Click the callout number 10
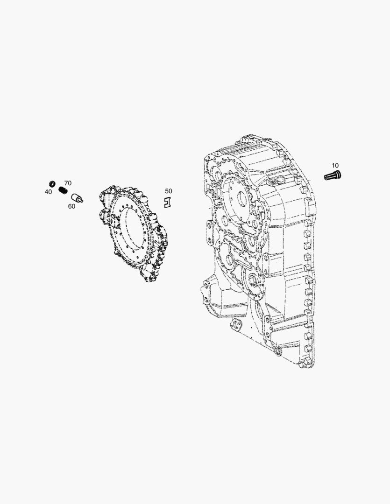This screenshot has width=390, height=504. pyautogui.click(x=335, y=166)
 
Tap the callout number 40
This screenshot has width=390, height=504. pyautogui.click(x=48, y=192)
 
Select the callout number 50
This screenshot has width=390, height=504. pyautogui.click(x=168, y=191)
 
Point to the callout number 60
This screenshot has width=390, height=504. pyautogui.click(x=71, y=206)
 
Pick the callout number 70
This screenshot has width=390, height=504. pyautogui.click(x=68, y=183)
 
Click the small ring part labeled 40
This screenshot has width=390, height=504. pyautogui.click(x=52, y=183)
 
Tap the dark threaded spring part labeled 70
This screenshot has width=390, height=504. pyautogui.click(x=63, y=190)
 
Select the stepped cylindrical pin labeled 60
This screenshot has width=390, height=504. pyautogui.click(x=77, y=198)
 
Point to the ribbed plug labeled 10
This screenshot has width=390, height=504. pyautogui.click(x=333, y=176)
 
